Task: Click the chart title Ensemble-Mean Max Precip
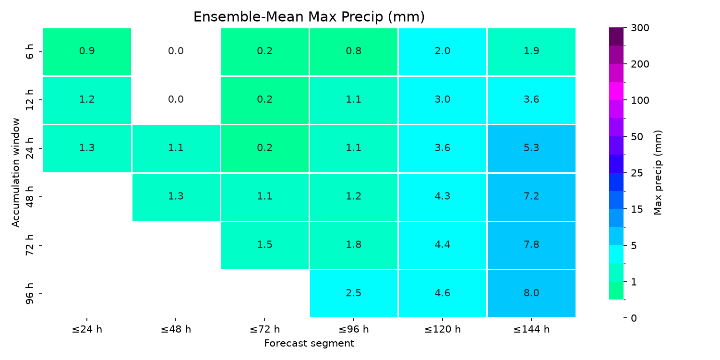click(309, 17)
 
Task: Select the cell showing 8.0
click(531, 293)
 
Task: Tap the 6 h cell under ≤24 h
click(87, 52)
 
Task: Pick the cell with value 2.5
click(354, 293)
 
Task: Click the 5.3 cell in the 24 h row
click(531, 148)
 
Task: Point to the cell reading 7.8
click(531, 245)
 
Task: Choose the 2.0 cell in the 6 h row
click(443, 52)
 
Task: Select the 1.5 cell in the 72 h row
click(265, 245)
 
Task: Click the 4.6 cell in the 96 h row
click(443, 293)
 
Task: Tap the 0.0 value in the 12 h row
click(176, 99)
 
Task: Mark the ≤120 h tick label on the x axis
click(443, 329)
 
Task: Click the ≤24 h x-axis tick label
click(87, 329)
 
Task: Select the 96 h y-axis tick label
click(30, 293)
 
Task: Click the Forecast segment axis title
click(309, 344)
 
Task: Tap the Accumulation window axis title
click(15, 173)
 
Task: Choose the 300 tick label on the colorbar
click(640, 28)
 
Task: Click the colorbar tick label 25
click(637, 173)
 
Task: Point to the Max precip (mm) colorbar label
click(658, 173)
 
